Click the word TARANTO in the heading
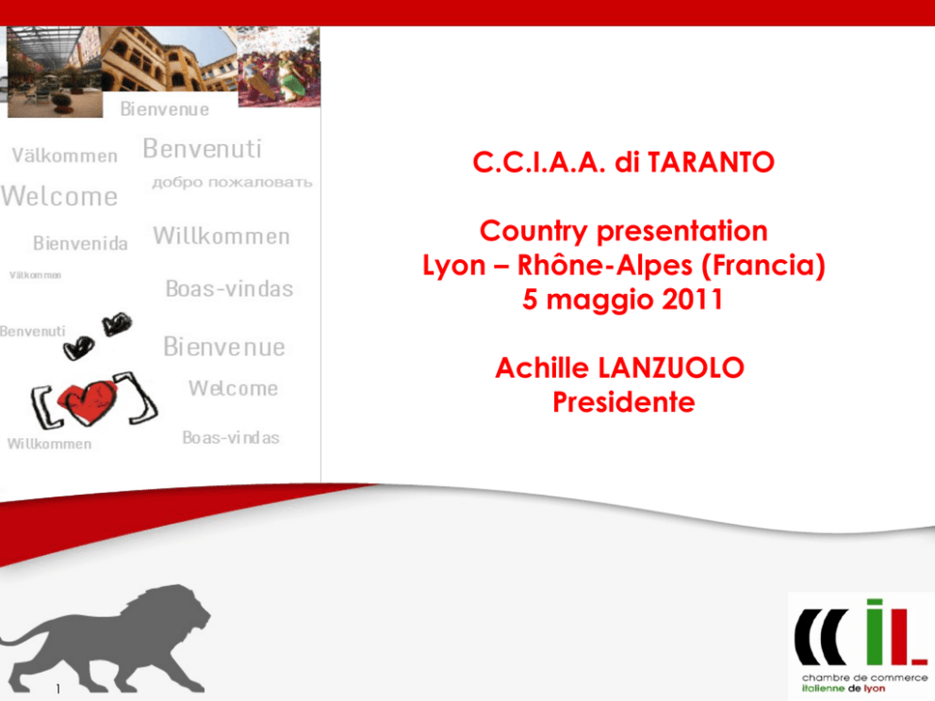click(711, 162)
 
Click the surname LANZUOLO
click(671, 367)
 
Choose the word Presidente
click(624, 401)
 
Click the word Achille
click(542, 367)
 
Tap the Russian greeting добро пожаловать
click(232, 183)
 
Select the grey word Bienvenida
click(80, 243)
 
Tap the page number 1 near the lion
click(57, 689)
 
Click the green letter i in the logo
click(874, 632)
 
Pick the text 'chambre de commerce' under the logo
click(864, 677)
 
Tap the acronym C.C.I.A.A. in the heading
click(539, 162)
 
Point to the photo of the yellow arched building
click(170, 58)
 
